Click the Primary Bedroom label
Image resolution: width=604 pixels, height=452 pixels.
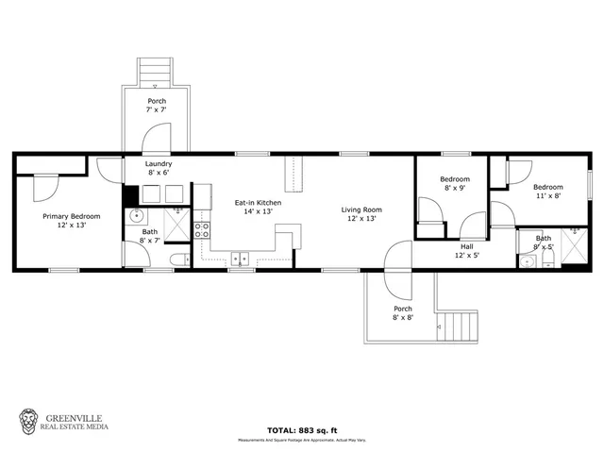63,221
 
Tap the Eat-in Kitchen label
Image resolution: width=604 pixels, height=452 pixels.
258,208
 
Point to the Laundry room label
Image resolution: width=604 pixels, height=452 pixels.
158,167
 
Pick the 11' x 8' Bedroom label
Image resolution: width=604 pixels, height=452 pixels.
549,192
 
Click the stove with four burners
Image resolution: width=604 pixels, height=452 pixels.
201,230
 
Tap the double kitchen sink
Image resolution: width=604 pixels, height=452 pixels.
240,257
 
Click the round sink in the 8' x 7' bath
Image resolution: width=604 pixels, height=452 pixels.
137,216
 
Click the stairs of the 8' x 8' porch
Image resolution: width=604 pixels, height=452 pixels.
460,326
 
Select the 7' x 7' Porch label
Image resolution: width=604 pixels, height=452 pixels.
157,106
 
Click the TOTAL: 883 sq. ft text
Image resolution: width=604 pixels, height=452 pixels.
302,429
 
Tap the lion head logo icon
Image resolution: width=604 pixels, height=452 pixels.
29,420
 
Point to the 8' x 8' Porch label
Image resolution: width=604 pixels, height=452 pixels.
403,313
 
